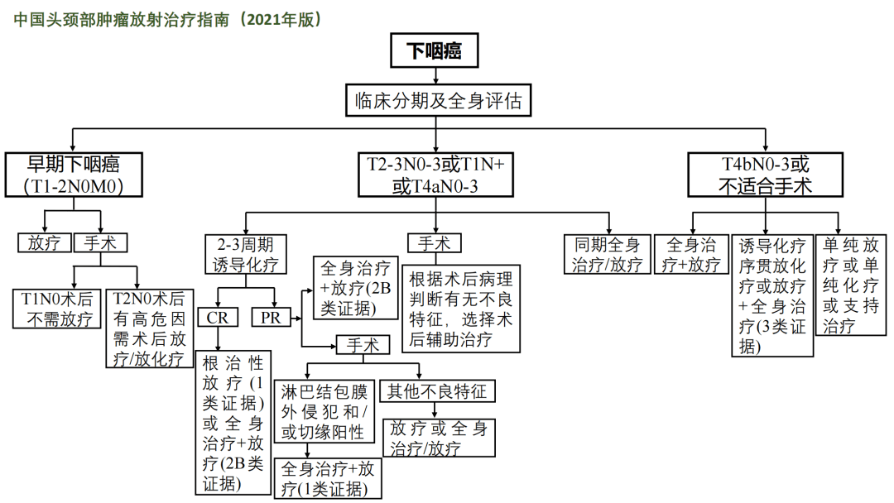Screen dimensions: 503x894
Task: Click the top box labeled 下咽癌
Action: (x=436, y=51)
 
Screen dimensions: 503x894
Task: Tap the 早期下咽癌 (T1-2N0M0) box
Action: (x=74, y=175)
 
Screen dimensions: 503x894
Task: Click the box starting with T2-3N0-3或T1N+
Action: (x=436, y=175)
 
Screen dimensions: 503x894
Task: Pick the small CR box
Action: (x=218, y=318)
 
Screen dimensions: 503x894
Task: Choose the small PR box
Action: (x=272, y=318)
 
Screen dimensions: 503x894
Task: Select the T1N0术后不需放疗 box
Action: (x=57, y=309)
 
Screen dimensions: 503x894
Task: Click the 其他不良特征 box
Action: (x=433, y=391)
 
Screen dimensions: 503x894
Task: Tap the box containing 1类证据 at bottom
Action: (x=328, y=478)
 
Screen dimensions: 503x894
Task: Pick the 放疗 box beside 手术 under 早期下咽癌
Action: (x=45, y=243)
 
